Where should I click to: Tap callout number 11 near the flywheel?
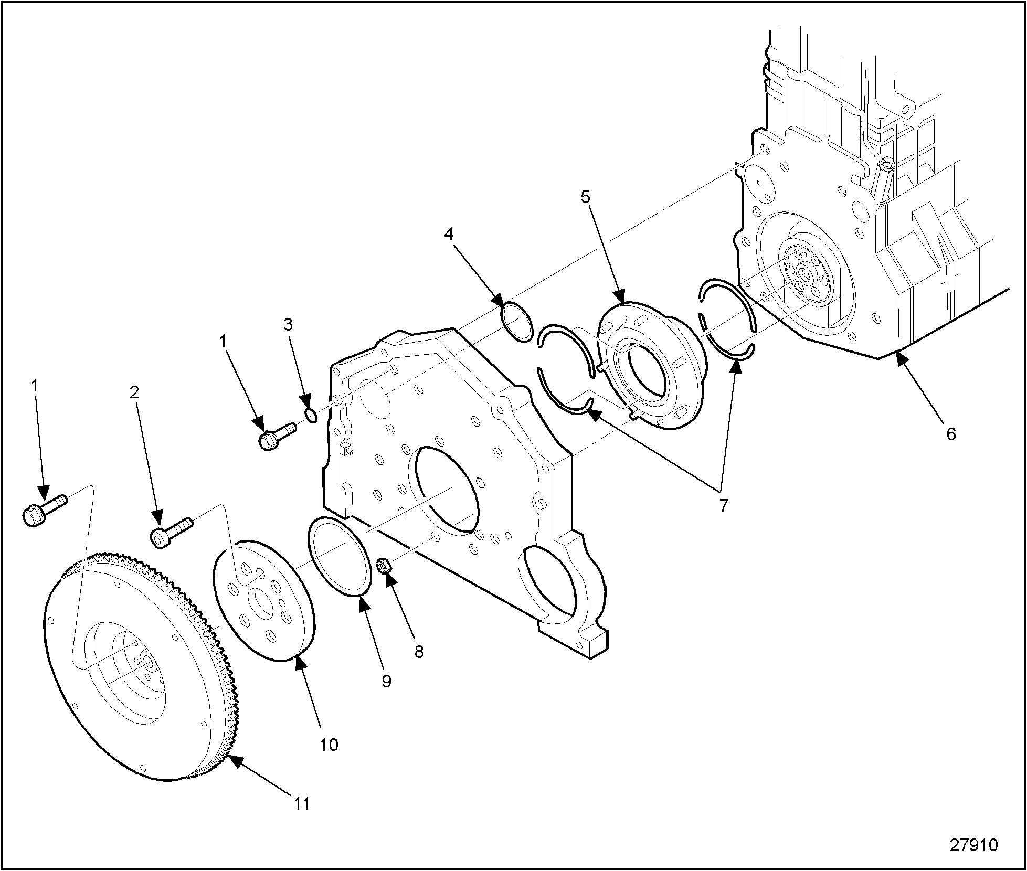pos(302,803)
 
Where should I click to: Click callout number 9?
pos(386,681)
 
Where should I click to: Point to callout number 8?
pos(419,652)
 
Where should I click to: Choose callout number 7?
pos(724,505)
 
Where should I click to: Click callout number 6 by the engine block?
pos(951,433)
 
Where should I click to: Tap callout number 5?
pos(585,197)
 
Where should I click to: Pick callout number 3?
pos(288,324)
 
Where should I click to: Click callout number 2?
pos(134,392)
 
